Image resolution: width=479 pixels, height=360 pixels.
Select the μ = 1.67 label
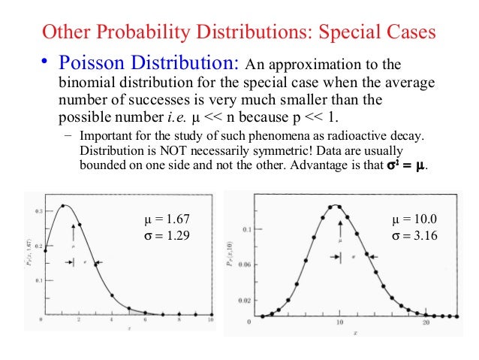[x=167, y=219]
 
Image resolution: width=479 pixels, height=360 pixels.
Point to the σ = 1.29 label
[x=167, y=235]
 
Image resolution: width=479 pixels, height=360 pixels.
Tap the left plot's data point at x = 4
[x=111, y=295]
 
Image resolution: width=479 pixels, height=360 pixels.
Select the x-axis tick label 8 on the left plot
[x=180, y=321]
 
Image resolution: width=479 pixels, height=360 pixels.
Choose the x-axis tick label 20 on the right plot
[x=426, y=322]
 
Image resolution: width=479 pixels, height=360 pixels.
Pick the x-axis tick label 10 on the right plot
[x=339, y=322]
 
